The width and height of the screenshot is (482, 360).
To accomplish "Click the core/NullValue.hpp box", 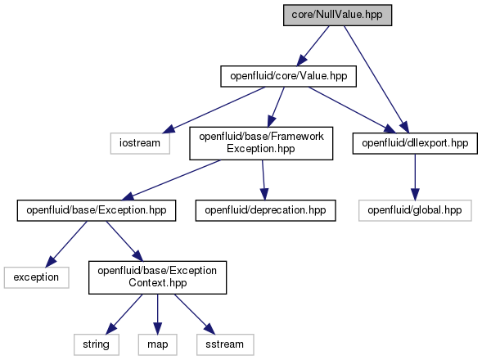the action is click(337, 15).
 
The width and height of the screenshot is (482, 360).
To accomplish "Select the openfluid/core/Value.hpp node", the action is click(288, 76).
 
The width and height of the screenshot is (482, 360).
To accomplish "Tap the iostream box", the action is click(140, 143).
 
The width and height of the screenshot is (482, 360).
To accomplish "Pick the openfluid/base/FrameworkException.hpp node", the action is click(261, 143).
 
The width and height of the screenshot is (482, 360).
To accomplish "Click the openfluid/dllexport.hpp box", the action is click(415, 143).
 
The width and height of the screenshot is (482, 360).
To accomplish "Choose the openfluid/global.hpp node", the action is click(415, 210).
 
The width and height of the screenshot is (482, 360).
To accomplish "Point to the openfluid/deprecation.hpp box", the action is click(265, 210).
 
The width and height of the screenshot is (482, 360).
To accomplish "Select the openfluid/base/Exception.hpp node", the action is click(97, 210).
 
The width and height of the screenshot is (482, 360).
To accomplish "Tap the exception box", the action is click(36, 277).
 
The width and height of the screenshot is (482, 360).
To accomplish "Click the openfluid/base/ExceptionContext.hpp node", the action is click(157, 277).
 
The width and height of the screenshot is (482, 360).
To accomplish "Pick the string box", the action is click(97, 344).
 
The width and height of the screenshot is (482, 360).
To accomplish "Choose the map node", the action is click(157, 344).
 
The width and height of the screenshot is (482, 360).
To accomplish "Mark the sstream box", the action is click(225, 344).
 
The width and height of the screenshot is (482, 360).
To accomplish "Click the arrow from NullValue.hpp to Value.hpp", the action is click(313, 46).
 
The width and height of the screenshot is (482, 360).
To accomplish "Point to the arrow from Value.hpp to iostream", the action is click(214, 110).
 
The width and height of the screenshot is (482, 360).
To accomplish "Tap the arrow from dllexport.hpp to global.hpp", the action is click(415, 177).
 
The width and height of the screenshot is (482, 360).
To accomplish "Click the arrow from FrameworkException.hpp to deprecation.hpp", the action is click(264, 180).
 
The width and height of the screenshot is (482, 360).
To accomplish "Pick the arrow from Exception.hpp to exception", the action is click(66, 244).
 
